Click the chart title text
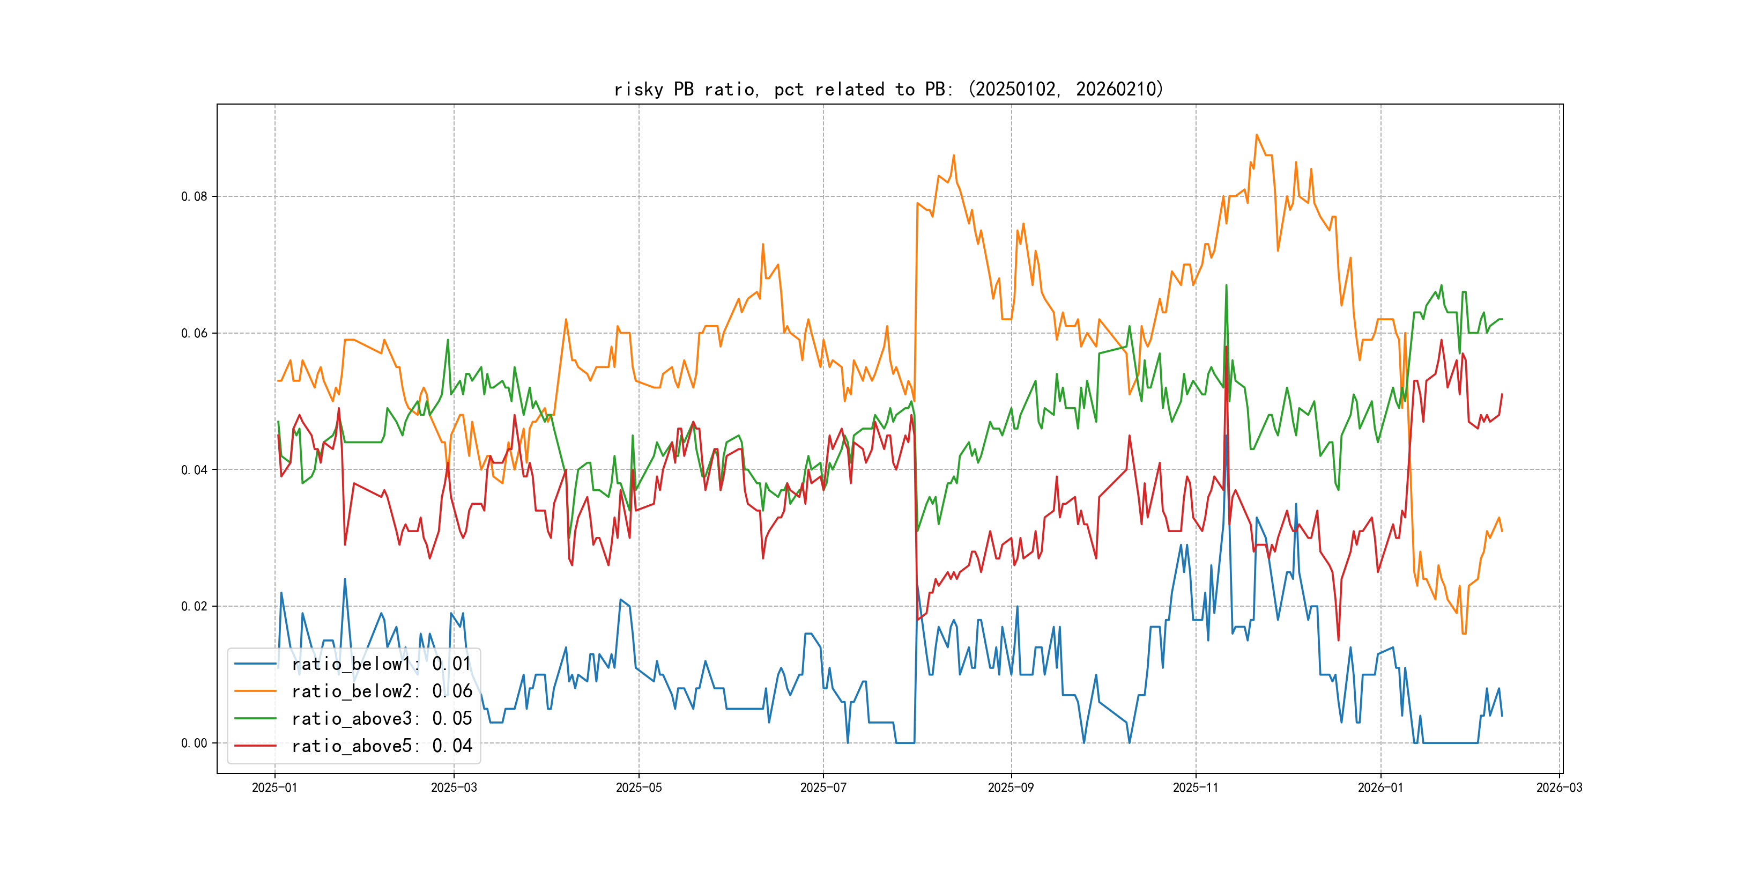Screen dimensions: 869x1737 (x=889, y=89)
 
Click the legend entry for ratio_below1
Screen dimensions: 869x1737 (x=381, y=664)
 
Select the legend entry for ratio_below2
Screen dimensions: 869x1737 (x=381, y=691)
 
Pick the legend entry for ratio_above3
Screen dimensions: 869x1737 (x=381, y=719)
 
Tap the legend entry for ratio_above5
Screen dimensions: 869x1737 (x=381, y=746)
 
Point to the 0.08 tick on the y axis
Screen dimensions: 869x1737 (x=194, y=196)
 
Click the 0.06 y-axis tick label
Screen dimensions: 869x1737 (x=194, y=333)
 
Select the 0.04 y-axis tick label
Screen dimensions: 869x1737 (x=194, y=469)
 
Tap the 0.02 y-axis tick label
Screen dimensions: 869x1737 (x=194, y=606)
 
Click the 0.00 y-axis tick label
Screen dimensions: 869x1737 (x=194, y=743)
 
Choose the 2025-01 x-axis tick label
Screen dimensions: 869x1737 (x=274, y=787)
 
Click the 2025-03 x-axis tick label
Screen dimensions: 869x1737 (x=454, y=787)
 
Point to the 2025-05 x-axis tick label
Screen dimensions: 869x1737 (x=639, y=787)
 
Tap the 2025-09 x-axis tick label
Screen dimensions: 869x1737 (x=1011, y=787)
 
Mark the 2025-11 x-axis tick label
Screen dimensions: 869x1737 (x=1196, y=787)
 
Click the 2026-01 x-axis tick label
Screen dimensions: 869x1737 (x=1380, y=787)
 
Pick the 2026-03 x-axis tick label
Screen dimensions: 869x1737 (x=1559, y=787)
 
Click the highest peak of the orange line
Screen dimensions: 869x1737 (x=1256, y=135)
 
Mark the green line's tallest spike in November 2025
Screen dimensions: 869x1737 (x=1226, y=285)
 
